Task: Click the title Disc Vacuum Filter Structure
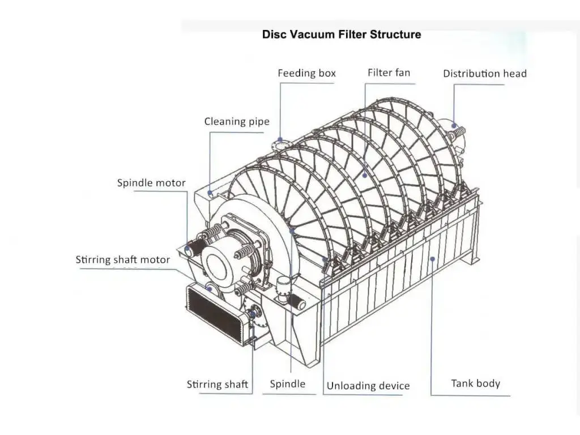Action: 342,35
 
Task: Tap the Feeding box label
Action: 306,73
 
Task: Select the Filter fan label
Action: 389,72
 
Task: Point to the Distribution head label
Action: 484,74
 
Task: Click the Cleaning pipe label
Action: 237,121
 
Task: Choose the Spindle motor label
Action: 151,182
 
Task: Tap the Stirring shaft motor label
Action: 123,259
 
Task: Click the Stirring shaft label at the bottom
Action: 217,385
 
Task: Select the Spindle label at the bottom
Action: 287,384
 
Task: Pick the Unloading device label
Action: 368,386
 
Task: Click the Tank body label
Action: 475,383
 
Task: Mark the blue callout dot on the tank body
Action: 432,259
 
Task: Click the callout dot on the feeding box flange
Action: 280,139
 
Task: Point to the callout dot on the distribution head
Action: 454,125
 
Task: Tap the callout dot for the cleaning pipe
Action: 210,193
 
